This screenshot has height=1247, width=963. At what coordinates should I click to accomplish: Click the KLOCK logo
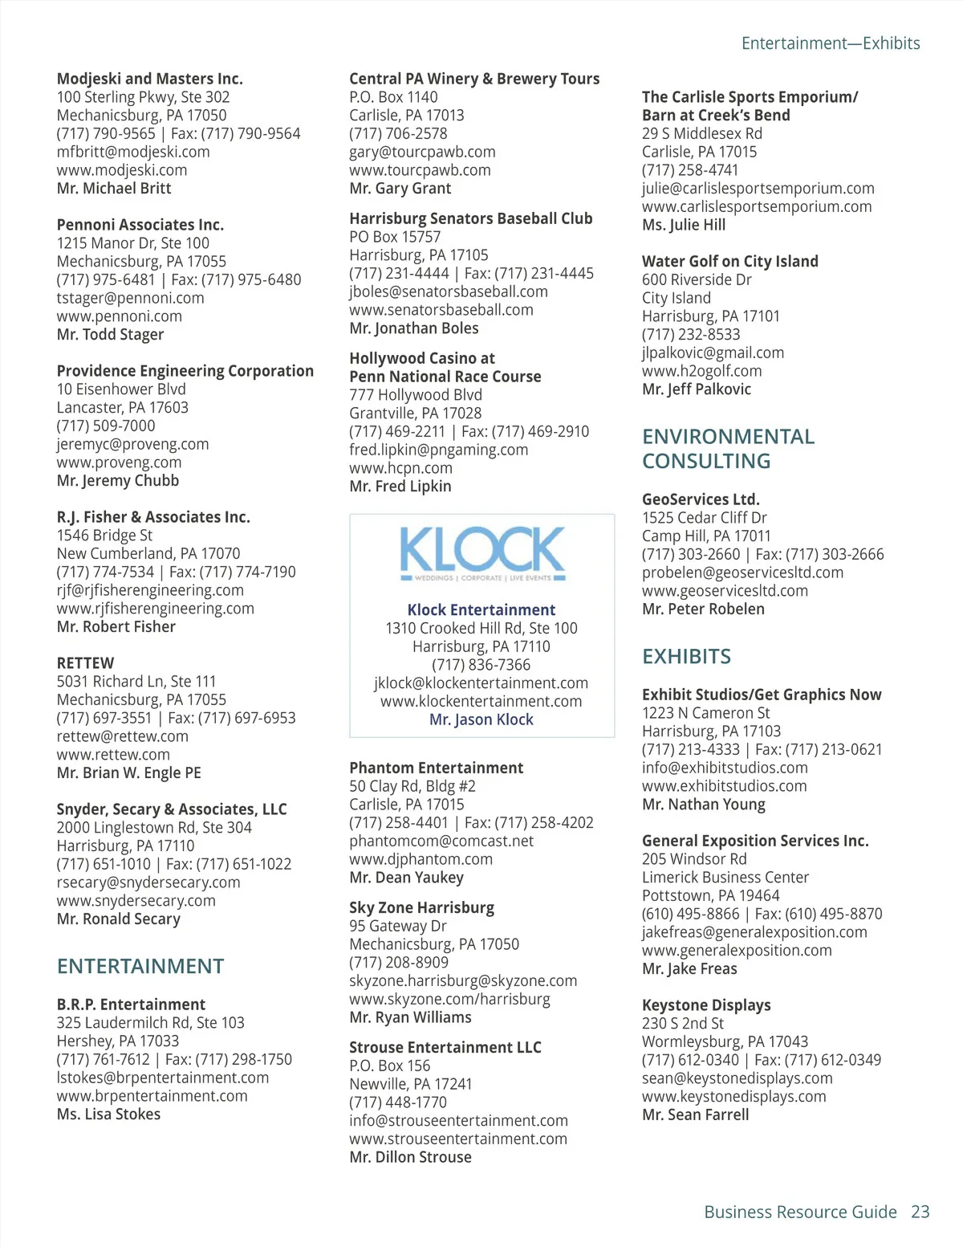click(x=481, y=553)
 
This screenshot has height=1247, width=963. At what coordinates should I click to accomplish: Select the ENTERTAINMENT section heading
click(x=140, y=966)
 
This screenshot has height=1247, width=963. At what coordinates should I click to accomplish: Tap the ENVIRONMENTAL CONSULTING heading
click(x=728, y=449)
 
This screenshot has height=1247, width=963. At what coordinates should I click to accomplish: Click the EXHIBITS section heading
click(x=686, y=657)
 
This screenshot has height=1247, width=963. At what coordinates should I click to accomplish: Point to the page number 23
click(x=920, y=1212)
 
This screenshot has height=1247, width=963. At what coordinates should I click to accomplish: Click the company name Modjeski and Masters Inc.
click(x=149, y=79)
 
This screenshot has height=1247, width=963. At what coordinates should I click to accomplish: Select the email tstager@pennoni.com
click(x=130, y=298)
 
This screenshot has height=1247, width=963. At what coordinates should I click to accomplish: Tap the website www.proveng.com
click(x=119, y=463)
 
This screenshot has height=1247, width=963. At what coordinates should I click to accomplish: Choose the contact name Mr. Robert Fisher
click(x=116, y=627)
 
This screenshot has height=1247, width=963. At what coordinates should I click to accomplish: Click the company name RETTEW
click(x=85, y=663)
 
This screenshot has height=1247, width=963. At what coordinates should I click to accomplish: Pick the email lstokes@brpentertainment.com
click(x=162, y=1078)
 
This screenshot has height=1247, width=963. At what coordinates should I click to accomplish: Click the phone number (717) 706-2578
click(x=398, y=134)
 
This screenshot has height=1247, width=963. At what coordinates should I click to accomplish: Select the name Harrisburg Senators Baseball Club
click(x=470, y=218)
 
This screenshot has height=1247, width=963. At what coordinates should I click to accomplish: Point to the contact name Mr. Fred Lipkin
click(x=400, y=487)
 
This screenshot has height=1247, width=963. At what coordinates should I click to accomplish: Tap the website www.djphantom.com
click(x=421, y=859)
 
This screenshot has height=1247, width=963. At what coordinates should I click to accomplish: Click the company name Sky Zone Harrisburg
click(x=421, y=908)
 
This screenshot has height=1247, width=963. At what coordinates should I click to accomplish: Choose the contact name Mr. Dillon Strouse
click(x=410, y=1157)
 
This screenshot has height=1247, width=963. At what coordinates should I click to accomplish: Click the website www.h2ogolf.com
click(x=701, y=371)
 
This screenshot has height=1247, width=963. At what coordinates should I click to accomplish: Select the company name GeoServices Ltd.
click(x=701, y=499)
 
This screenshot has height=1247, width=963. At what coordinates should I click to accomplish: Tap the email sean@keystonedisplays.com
click(x=737, y=1078)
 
